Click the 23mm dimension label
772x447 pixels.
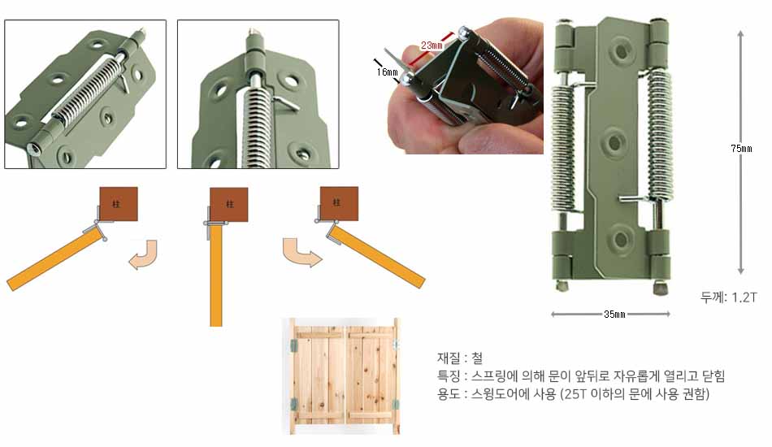(x=432, y=46)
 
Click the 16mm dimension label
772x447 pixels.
(x=387, y=72)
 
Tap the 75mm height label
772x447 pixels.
(x=741, y=148)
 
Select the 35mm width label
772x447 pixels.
(x=614, y=314)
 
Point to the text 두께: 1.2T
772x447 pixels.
(x=728, y=297)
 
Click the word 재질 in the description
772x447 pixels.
(x=449, y=358)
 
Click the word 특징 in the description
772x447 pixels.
(x=449, y=376)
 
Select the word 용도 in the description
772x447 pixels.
(x=449, y=394)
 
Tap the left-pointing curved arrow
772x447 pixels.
(x=143, y=256)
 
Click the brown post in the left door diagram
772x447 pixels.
(x=119, y=204)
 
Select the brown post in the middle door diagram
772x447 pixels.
(x=229, y=205)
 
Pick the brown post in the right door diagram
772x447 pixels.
(x=339, y=203)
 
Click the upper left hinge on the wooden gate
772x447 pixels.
(x=293, y=345)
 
